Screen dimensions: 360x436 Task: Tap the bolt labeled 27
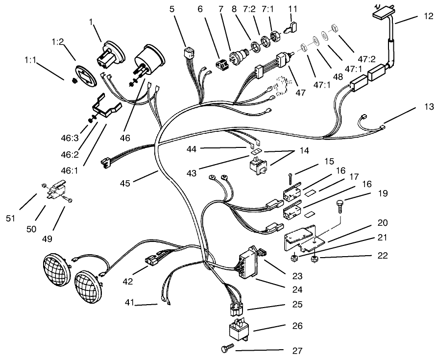[226, 350]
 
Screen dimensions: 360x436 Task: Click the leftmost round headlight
[56, 269]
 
